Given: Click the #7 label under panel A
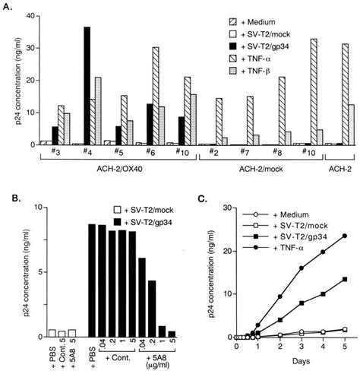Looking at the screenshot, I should pyautogui.click(x=250, y=154).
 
